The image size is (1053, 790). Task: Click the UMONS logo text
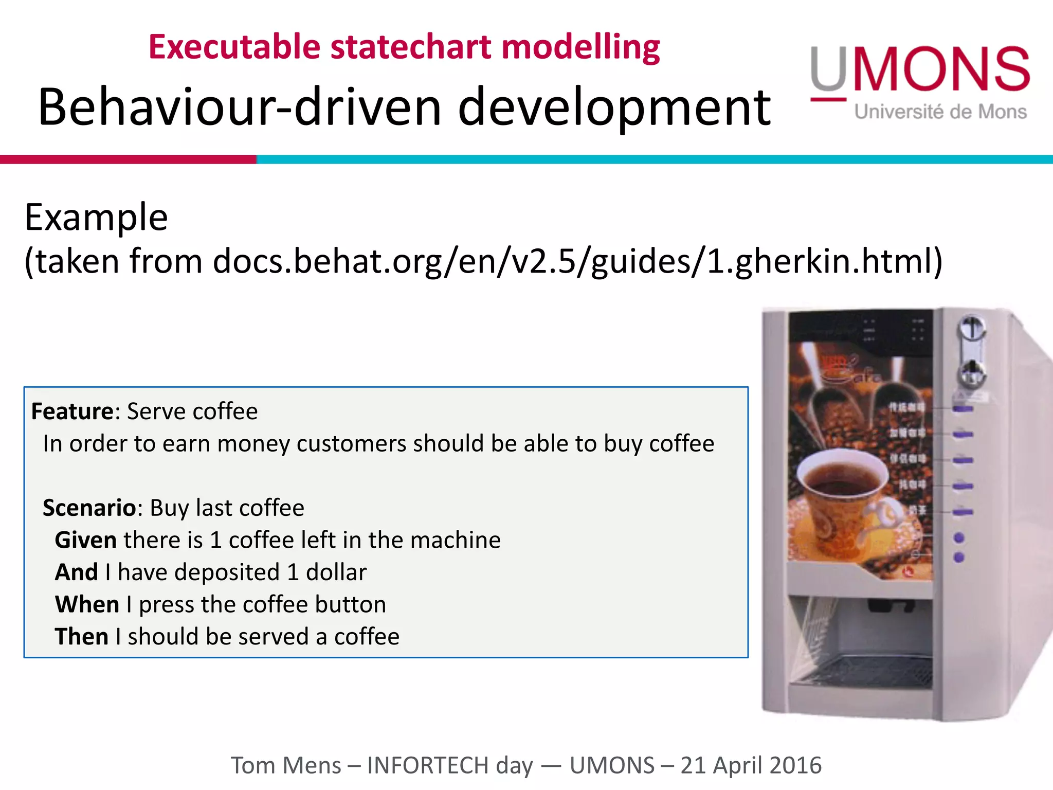coord(920,69)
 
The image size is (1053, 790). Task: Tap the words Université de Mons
coord(940,112)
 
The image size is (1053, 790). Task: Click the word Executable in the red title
coord(234,47)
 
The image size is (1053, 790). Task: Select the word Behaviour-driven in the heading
coord(240,107)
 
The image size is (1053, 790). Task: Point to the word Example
coord(96,218)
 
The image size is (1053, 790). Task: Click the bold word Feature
coord(72,411)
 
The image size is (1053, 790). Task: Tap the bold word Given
coord(86,540)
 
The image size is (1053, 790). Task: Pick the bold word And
coord(77,572)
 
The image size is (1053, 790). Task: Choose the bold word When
coord(87,604)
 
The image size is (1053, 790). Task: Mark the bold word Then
coord(81,637)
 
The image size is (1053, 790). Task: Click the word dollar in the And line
coord(336,572)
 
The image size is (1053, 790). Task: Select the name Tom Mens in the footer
coord(286,765)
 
